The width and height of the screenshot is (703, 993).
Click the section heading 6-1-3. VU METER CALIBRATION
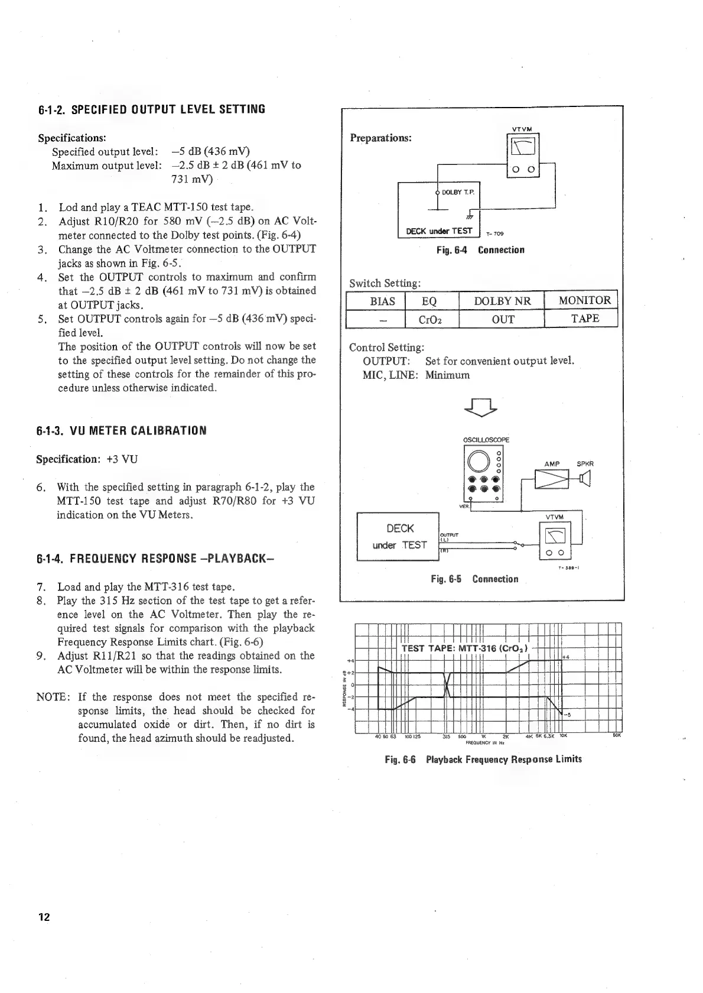(x=121, y=430)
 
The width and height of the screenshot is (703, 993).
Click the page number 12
(x=44, y=917)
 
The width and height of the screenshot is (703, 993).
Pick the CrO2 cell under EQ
(x=431, y=319)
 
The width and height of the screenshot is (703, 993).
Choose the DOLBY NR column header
(x=502, y=301)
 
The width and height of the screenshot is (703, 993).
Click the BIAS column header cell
(x=382, y=301)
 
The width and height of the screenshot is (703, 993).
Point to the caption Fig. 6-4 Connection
(x=480, y=250)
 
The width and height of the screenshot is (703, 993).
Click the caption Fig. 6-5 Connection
(x=474, y=579)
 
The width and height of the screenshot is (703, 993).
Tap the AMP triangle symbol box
(x=551, y=479)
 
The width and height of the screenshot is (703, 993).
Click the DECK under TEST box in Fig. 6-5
(x=399, y=536)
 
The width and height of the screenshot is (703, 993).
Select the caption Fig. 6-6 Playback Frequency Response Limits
(x=483, y=759)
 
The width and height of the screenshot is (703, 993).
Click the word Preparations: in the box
(x=380, y=138)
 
